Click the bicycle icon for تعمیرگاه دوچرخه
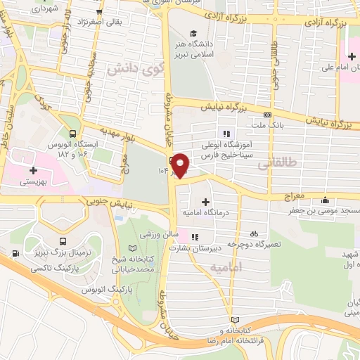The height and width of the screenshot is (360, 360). pos(254,233)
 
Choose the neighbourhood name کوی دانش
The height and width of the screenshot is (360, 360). pos(129,69)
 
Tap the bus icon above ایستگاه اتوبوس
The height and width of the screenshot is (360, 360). pos(74,132)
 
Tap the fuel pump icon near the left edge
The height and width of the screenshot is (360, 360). pos(15,253)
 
